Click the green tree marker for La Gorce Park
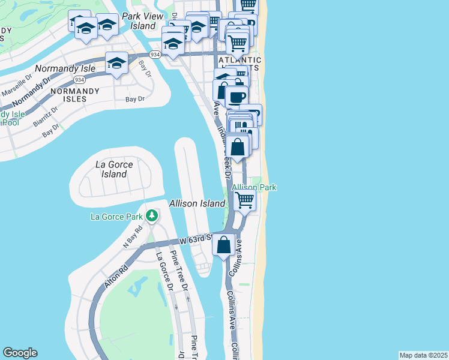(152, 215)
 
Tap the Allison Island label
(197, 204)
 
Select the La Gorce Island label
(111, 169)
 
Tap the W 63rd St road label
(196, 239)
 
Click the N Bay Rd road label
(133, 236)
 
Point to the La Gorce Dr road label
(163, 271)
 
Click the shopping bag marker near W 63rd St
(223, 245)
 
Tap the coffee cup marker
(237, 98)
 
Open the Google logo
(20, 353)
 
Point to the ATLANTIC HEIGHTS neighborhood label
(240, 64)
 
